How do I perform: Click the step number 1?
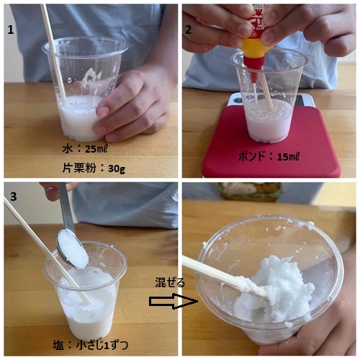(x=11, y=30)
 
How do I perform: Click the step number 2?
(x=189, y=30)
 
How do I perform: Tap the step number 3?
(x=13, y=197)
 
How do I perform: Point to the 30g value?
(x=117, y=169)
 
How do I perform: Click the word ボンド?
(x=252, y=156)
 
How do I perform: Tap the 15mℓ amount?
(x=289, y=157)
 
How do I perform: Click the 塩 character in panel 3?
(x=58, y=346)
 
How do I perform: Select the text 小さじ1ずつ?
(x=102, y=346)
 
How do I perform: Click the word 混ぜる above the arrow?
(x=170, y=283)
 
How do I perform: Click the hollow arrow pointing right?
(x=174, y=301)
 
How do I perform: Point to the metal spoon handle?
(x=66, y=206)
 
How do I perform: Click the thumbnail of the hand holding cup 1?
(x=104, y=112)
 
